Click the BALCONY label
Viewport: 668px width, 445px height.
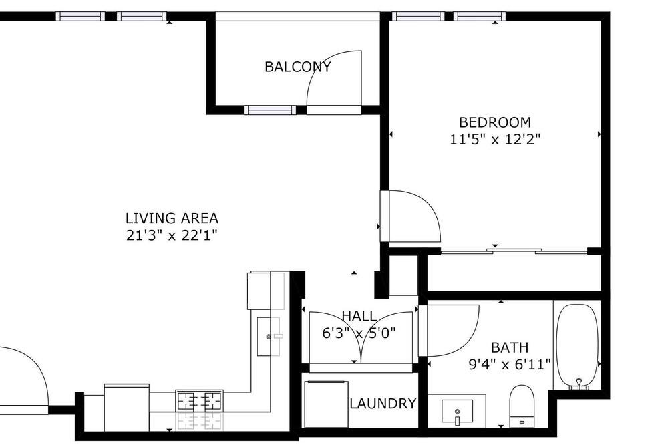297,67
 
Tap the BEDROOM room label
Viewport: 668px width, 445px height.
494,122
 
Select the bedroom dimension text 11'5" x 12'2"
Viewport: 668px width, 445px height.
494,140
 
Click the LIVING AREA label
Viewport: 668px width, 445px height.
172,218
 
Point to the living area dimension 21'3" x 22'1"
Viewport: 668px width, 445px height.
172,235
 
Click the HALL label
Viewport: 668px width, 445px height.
359,316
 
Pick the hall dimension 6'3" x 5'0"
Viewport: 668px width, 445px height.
359,333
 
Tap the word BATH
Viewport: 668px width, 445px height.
510,348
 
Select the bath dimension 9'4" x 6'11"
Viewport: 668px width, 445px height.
510,365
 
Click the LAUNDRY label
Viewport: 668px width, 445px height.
383,403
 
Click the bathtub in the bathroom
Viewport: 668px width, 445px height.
577,345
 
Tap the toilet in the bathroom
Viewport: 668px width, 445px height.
522,406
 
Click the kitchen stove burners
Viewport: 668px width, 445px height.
199,402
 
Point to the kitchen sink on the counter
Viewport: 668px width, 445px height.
269,336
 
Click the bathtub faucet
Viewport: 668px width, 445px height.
579,384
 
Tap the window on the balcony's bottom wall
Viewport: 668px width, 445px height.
270,110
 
